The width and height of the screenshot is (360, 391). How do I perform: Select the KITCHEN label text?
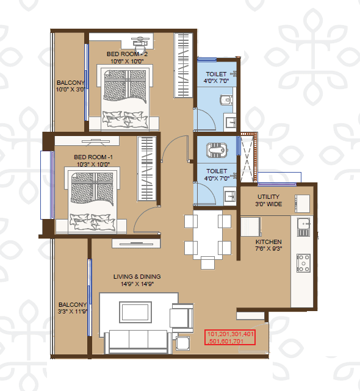[268, 242]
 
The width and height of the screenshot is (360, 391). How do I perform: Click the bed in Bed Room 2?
[124, 98]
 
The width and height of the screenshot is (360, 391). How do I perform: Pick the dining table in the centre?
[207, 235]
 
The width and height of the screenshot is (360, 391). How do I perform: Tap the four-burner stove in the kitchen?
[303, 263]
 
